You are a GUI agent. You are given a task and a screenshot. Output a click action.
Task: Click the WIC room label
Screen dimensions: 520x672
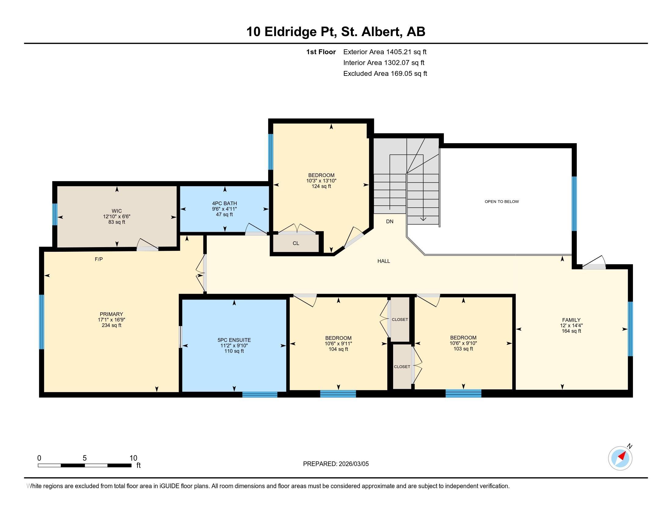(x=117, y=211)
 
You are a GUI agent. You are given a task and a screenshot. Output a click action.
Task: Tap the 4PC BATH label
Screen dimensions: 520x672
(x=224, y=203)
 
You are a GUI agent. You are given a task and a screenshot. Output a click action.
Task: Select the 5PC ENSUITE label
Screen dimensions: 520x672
(x=234, y=340)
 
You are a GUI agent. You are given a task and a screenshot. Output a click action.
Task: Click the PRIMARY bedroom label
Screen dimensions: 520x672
(x=111, y=314)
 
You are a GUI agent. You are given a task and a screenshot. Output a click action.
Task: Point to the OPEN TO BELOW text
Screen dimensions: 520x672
(x=502, y=202)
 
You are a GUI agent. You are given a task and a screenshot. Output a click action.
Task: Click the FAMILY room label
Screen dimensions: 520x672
(x=571, y=320)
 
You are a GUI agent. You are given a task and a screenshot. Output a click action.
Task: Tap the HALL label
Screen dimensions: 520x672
(x=383, y=261)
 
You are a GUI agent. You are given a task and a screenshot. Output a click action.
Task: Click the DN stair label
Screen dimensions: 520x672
(x=389, y=221)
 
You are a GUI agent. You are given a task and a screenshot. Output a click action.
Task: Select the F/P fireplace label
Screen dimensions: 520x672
(x=99, y=259)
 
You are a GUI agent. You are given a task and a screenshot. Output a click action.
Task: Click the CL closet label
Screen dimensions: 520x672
(x=296, y=243)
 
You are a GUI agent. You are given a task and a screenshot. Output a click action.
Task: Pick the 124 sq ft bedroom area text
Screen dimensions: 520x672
(x=321, y=186)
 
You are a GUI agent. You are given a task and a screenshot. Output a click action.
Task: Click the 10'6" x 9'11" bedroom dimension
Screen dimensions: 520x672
(x=338, y=344)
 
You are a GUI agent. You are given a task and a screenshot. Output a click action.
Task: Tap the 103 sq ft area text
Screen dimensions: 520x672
(x=463, y=349)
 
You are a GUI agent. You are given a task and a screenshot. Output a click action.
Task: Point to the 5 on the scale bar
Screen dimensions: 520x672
(x=85, y=458)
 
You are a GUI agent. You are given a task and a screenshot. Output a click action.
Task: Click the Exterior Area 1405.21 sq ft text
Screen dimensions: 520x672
(x=385, y=52)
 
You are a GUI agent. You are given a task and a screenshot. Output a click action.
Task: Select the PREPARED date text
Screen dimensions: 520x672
(x=336, y=464)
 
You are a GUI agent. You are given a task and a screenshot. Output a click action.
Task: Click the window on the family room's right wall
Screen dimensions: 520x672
(x=630, y=329)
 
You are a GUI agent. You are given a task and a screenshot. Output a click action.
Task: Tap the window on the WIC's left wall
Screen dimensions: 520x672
(x=55, y=214)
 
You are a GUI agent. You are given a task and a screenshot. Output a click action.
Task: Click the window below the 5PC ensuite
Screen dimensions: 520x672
(x=260, y=395)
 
